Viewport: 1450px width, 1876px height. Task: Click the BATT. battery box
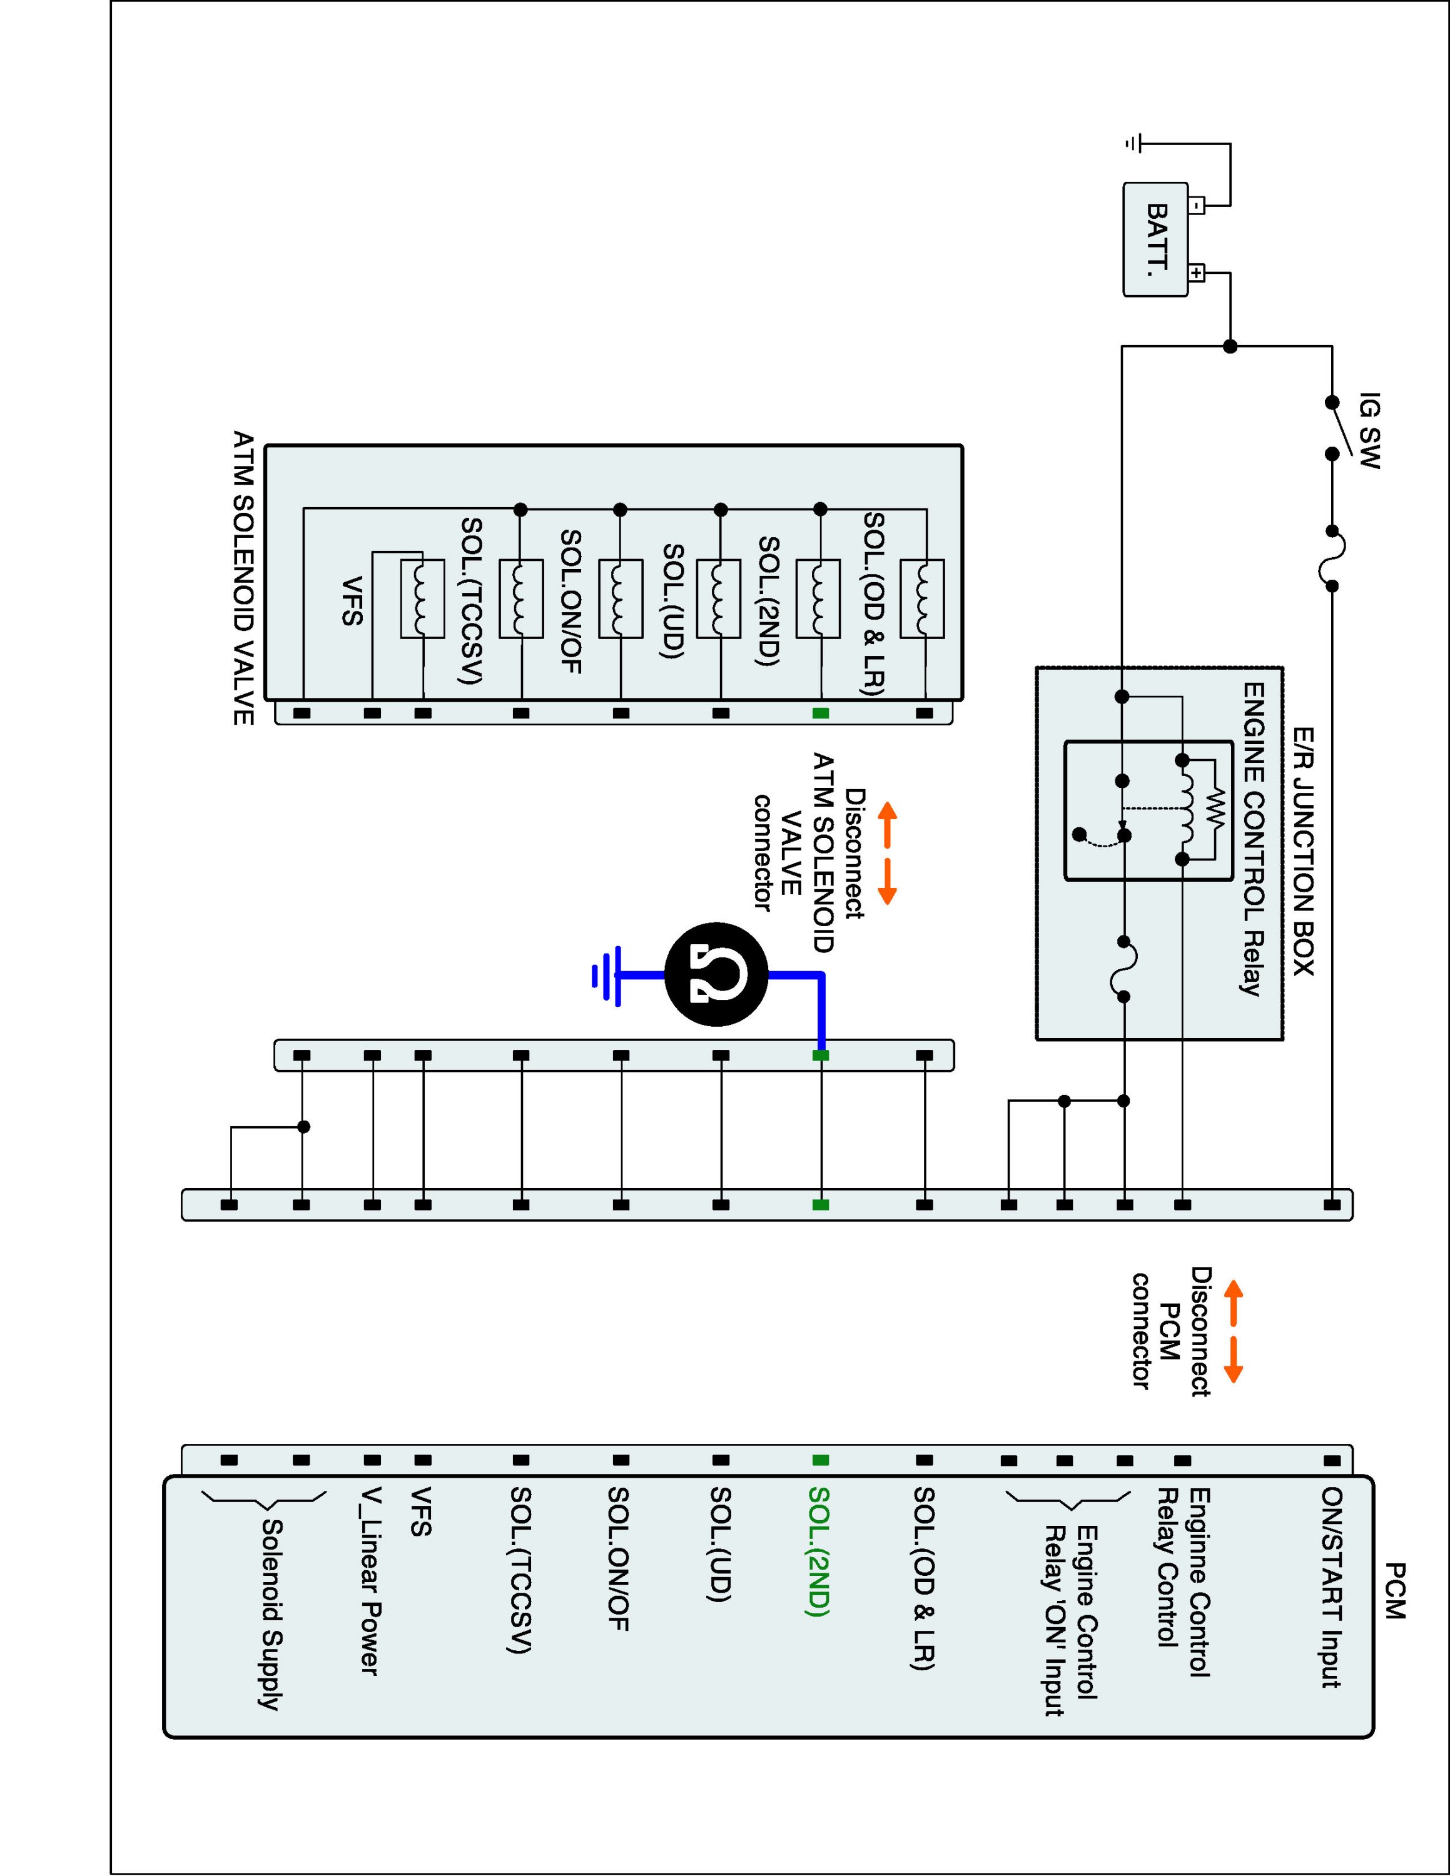[1155, 240]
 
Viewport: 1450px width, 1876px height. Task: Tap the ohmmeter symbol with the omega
[716, 975]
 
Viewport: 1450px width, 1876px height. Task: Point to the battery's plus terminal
[1197, 274]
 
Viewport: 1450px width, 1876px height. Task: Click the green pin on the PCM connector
[820, 1460]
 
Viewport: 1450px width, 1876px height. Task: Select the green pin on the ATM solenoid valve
[820, 713]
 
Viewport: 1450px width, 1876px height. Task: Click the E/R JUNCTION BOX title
[1303, 850]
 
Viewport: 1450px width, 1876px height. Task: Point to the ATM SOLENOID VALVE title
[244, 577]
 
